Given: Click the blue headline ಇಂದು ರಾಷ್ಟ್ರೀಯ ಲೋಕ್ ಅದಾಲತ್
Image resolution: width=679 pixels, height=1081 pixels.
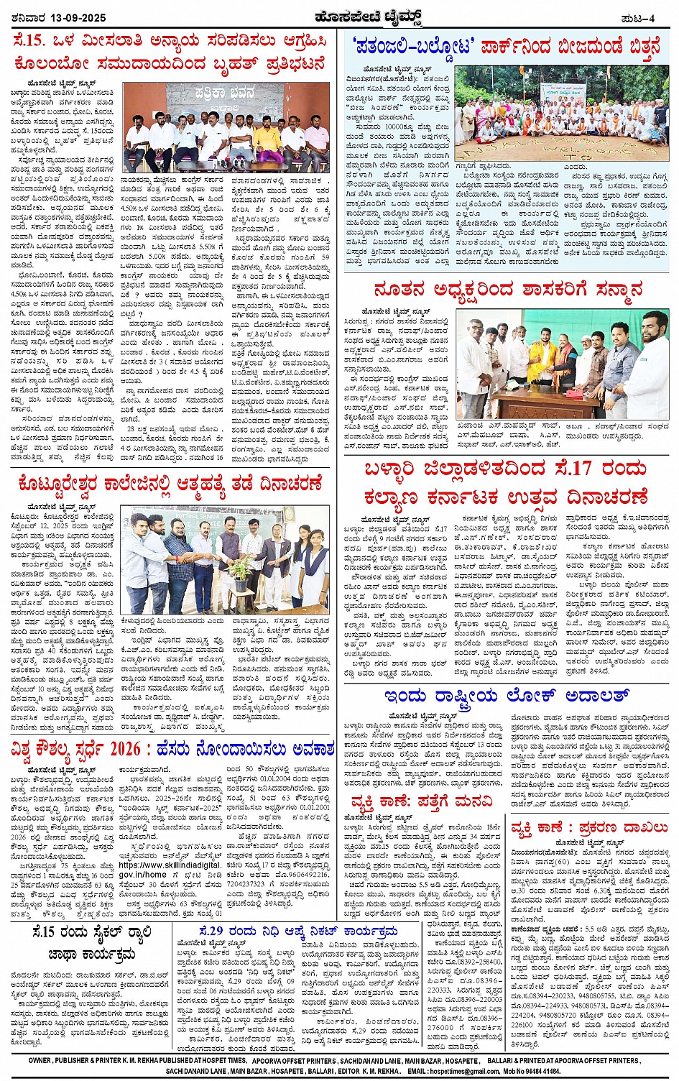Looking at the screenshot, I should coord(507,696).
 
